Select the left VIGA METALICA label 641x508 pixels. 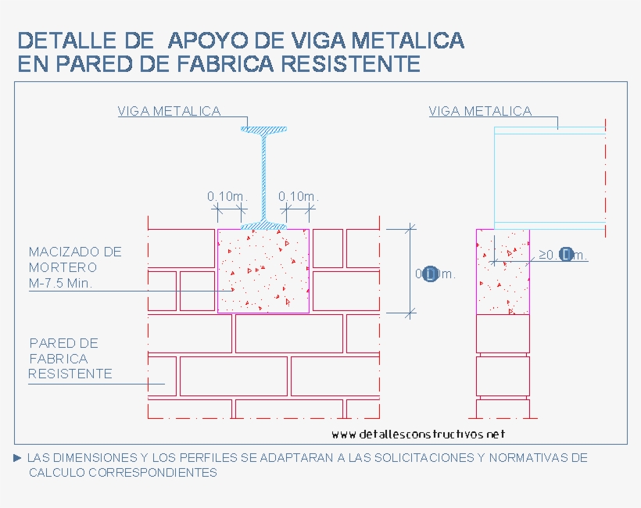coord(169,111)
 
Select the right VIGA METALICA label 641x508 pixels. coord(480,111)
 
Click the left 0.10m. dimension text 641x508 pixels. coord(227,196)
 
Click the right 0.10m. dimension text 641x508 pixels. coord(298,196)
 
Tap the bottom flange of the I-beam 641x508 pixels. coord(263,226)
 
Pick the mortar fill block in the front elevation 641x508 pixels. coord(263,271)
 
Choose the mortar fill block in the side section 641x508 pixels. coord(503,272)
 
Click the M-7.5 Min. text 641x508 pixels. coord(60,284)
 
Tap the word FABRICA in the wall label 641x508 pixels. coord(58,359)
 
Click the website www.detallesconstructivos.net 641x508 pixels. coord(418,435)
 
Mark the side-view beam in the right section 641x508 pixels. coord(549,178)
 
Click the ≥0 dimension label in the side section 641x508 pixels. coord(563,255)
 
